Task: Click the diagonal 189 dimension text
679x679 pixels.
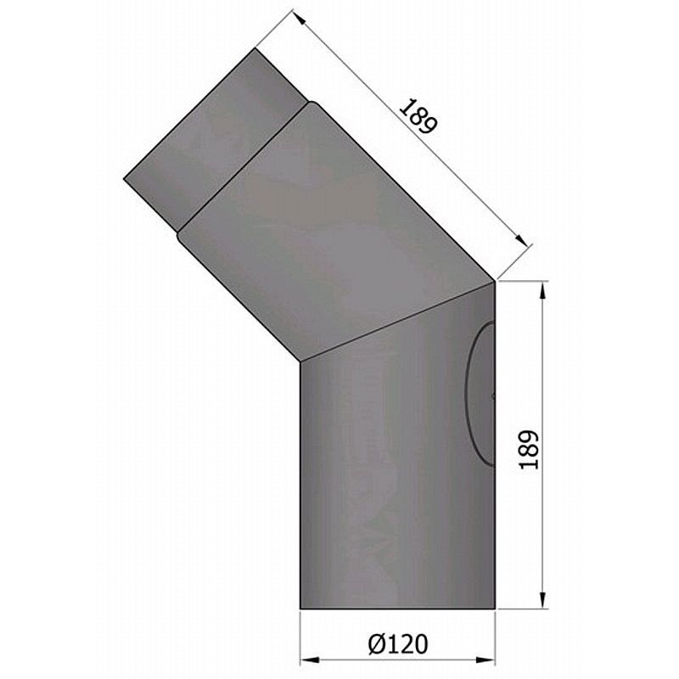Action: [418, 116]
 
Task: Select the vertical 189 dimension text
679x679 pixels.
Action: [529, 450]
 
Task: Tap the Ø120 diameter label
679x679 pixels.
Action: [398, 644]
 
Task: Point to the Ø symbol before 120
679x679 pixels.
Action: [376, 644]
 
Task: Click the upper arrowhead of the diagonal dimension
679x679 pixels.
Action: [299, 19]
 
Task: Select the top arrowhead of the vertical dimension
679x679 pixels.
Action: [542, 290]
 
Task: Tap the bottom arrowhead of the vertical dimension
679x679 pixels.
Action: [542, 600]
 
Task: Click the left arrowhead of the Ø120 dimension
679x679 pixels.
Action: [310, 660]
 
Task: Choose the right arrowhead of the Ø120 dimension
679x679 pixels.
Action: [485, 660]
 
